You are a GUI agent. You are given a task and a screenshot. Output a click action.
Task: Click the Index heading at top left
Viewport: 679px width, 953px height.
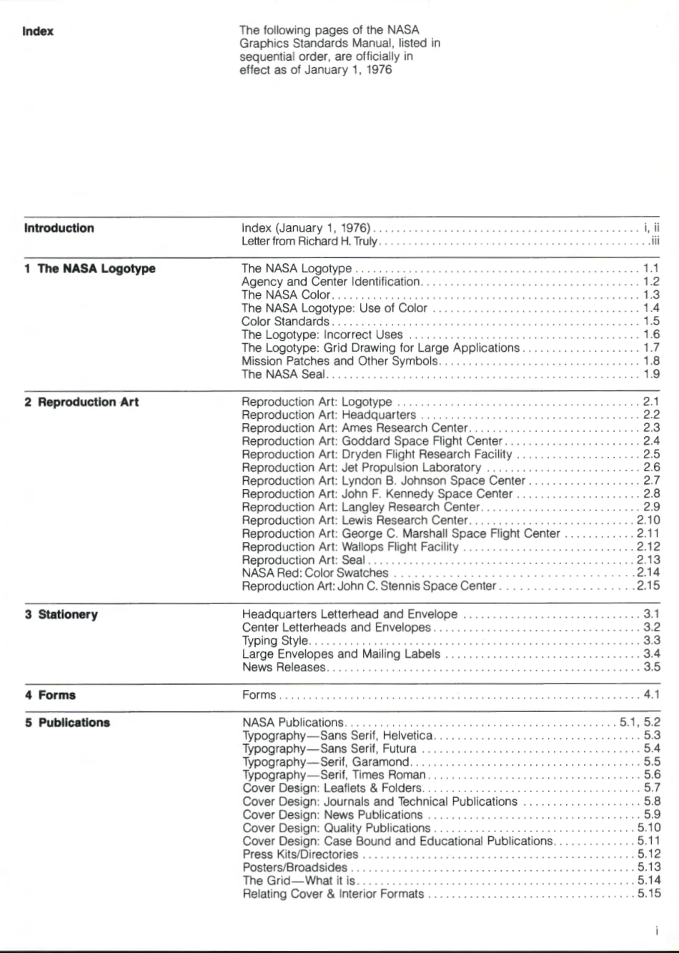click(x=38, y=31)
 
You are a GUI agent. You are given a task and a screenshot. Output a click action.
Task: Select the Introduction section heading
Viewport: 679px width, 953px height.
click(x=59, y=229)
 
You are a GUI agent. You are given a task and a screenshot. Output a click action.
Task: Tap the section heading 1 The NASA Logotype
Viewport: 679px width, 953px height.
click(x=89, y=269)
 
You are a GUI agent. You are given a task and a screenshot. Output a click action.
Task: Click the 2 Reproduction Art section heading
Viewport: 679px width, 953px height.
click(x=81, y=402)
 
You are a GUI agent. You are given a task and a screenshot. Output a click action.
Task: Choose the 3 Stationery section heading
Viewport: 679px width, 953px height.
click(x=61, y=615)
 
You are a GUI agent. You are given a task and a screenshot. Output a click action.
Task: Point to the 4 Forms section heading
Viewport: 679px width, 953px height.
click(x=50, y=695)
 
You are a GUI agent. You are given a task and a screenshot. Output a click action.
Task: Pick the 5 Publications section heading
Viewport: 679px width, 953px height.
click(x=67, y=723)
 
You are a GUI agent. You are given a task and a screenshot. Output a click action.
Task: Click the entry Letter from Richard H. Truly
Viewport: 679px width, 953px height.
click(x=309, y=242)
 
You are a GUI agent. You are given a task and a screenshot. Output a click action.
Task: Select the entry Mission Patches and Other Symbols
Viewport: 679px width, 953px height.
click(x=339, y=361)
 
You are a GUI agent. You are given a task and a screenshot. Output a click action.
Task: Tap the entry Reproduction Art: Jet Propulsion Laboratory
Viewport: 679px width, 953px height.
click(x=361, y=468)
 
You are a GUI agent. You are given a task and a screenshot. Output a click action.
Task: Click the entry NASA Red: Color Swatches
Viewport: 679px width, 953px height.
click(x=314, y=573)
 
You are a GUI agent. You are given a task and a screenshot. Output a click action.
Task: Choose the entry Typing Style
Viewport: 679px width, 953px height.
click(x=275, y=641)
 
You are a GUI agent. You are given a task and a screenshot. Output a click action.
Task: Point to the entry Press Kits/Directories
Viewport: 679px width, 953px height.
click(x=300, y=854)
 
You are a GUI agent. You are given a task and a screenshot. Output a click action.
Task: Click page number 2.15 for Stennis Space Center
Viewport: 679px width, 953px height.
click(x=648, y=586)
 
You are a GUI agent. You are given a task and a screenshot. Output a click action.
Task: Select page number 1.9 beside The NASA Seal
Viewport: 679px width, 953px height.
click(x=651, y=374)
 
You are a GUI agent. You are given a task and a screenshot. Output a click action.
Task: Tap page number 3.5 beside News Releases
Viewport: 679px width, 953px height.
click(x=651, y=667)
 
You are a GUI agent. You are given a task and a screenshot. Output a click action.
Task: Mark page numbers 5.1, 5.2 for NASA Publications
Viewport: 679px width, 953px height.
click(x=640, y=722)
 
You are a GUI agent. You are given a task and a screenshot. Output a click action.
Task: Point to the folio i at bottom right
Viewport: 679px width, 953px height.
click(x=655, y=931)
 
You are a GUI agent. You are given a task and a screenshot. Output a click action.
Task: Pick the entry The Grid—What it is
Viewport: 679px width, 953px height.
click(x=299, y=881)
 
